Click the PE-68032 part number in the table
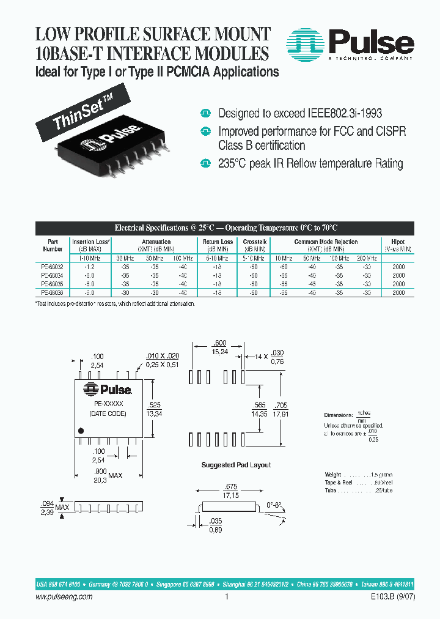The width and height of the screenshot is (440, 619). (x=53, y=267)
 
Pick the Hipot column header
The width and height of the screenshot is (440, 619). (x=398, y=242)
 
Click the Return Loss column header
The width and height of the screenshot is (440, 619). (x=218, y=242)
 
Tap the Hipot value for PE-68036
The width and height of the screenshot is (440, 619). (x=398, y=293)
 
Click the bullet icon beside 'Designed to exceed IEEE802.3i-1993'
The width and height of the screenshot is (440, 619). (x=206, y=114)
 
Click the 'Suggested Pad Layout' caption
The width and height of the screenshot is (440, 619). (x=236, y=465)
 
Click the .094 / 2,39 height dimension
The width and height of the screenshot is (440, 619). (x=46, y=508)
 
